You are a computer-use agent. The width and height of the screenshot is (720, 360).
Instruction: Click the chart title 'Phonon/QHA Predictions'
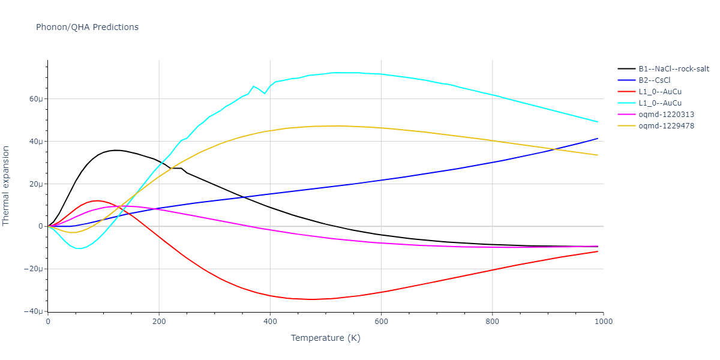pyautogui.click(x=87, y=27)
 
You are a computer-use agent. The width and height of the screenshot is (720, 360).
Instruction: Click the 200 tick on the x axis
pyautogui.click(x=159, y=322)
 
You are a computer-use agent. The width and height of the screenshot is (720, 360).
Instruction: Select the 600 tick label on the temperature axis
pyautogui.click(x=381, y=322)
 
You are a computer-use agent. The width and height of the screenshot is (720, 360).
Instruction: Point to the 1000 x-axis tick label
pyautogui.click(x=603, y=322)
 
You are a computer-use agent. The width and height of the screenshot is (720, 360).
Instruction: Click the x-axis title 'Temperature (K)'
pyautogui.click(x=325, y=338)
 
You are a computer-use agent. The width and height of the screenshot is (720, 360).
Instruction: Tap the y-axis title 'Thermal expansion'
pyautogui.click(x=7, y=185)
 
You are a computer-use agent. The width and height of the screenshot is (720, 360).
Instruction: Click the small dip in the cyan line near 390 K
pyautogui.click(x=265, y=94)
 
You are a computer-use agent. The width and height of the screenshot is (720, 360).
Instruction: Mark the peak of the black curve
pyautogui.click(x=116, y=150)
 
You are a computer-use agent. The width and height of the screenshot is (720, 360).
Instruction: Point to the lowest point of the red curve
pyautogui.click(x=312, y=299)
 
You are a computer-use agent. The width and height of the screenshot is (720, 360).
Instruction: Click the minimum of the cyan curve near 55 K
pyautogui.click(x=79, y=248)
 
